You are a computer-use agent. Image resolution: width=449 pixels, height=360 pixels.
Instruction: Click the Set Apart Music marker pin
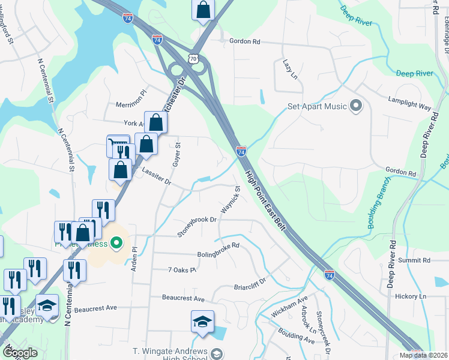pos(356,107)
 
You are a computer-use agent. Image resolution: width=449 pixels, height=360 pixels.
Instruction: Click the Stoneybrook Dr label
pos(196,227)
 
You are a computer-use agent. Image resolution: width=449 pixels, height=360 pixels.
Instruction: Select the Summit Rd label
pos(418,260)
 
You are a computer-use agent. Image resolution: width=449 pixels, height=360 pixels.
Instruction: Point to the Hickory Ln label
pos(414,296)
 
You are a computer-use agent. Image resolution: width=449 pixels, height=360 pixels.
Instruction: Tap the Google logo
pos(20,352)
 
